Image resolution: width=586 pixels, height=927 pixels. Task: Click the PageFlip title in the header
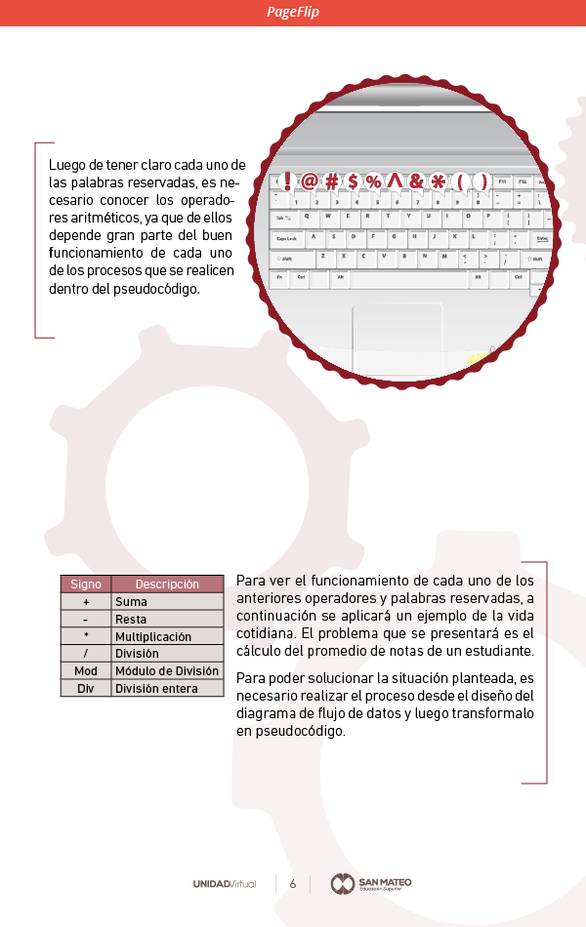pyautogui.click(x=293, y=12)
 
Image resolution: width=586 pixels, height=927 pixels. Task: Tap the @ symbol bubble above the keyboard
pyautogui.click(x=310, y=181)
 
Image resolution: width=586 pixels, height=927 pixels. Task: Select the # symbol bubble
pyautogui.click(x=332, y=181)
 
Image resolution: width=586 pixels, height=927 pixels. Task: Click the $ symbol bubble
pyautogui.click(x=354, y=181)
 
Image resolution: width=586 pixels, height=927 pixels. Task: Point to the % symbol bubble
pyautogui.click(x=374, y=181)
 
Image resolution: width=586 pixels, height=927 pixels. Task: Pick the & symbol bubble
pyautogui.click(x=417, y=181)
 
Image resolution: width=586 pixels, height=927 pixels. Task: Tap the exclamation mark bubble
pyautogui.click(x=287, y=181)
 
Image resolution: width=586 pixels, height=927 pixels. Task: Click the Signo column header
pyautogui.click(x=86, y=584)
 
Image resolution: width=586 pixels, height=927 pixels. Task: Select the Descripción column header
pyautogui.click(x=167, y=584)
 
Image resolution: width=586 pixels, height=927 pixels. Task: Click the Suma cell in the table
pyautogui.click(x=131, y=602)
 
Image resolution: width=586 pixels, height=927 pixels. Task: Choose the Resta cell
pyautogui.click(x=131, y=620)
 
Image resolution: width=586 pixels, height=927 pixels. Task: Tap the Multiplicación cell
pyautogui.click(x=153, y=636)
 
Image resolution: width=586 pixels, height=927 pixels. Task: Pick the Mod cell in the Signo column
pyautogui.click(x=86, y=671)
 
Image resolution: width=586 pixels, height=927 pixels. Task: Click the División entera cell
pyautogui.click(x=156, y=689)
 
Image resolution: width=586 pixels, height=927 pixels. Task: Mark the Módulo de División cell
pyautogui.click(x=167, y=671)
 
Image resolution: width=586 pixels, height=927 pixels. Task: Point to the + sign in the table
pyautogui.click(x=86, y=602)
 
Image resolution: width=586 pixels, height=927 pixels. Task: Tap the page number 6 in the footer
pyautogui.click(x=293, y=884)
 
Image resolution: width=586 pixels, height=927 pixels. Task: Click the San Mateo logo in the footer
pyautogui.click(x=371, y=884)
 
